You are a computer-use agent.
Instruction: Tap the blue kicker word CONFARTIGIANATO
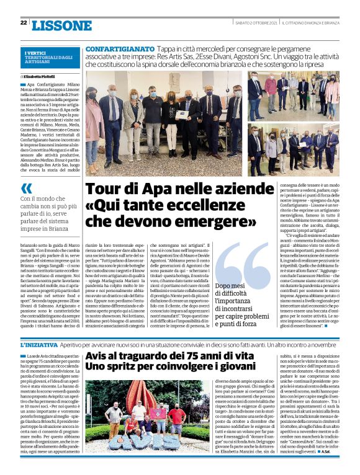click(120, 48)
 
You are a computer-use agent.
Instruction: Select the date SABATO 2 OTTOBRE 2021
click(253, 24)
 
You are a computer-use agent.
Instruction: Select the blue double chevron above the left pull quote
click(27, 189)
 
